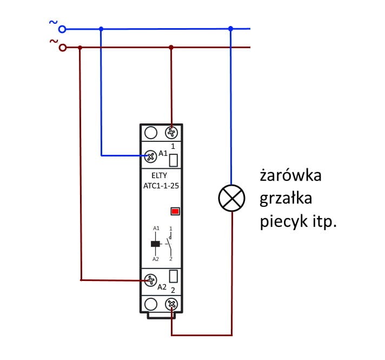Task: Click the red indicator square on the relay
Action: [175, 211]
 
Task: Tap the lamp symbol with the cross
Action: [231, 199]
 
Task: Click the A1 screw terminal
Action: [151, 155]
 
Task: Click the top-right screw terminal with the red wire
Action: [171, 132]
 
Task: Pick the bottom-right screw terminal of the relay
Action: [171, 304]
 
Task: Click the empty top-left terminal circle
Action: [151, 132]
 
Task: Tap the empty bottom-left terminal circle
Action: [151, 304]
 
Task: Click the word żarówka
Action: [290, 176]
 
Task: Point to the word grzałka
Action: [286, 199]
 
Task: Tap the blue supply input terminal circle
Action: [62, 28]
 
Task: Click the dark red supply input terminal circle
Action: [62, 48]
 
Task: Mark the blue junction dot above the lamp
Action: [231, 28]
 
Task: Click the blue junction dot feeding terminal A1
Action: [101, 28]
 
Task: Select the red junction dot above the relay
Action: [171, 48]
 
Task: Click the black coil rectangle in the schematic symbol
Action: [155, 244]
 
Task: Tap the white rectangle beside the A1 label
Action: [174, 160]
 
